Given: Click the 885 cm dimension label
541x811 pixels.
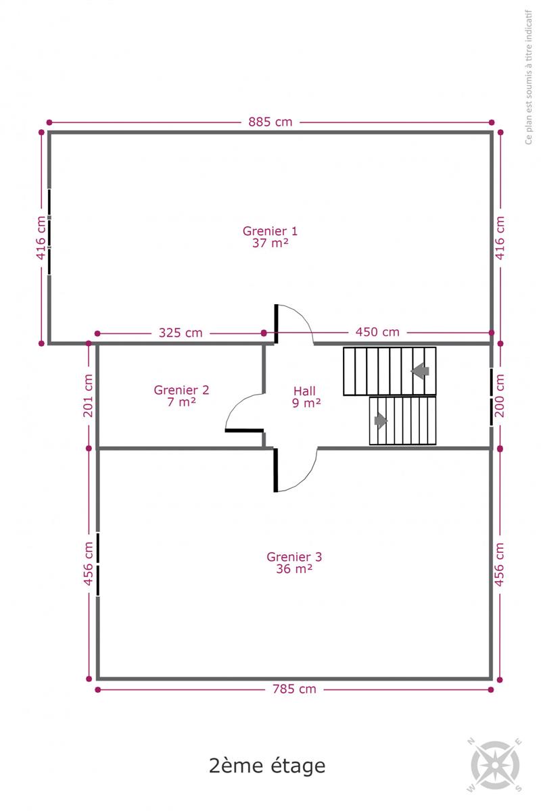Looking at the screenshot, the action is coord(270,122).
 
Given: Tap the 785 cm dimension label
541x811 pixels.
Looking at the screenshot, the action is coord(294,689).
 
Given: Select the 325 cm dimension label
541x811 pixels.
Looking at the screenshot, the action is coord(181,333).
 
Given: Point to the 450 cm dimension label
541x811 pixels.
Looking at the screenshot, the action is coord(377,332).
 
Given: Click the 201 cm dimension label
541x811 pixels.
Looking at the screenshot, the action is coord(88,395).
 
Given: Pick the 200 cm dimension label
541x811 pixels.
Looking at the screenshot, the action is coord(500,395).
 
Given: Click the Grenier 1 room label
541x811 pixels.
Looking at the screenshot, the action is coord(270,230).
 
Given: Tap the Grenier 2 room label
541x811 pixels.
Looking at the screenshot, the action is coord(181,390).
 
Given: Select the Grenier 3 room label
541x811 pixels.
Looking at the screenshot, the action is coord(294,557).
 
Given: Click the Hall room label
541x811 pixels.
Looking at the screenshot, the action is coord(304,391).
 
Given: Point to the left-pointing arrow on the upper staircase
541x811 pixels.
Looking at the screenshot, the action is coord(420,371).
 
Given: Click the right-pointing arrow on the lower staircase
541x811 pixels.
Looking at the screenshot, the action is coord(381,420).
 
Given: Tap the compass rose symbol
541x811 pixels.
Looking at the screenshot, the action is coord(495,765).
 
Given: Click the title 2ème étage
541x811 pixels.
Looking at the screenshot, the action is coord(267,766).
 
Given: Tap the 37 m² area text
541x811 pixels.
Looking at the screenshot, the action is coord(270,243).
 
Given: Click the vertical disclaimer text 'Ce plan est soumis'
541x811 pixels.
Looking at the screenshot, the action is coord(529,77).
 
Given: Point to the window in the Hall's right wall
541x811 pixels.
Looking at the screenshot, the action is coord(492,397).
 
